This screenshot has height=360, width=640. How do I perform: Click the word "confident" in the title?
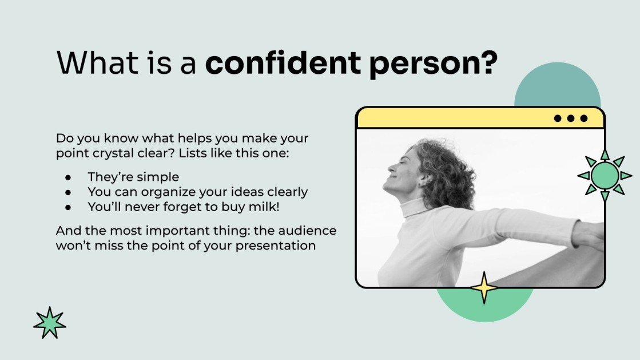point(283,63)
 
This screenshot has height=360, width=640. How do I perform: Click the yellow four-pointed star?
point(484,288)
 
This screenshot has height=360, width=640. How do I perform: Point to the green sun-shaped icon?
point(605,175)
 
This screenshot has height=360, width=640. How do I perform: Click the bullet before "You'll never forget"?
point(69,207)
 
